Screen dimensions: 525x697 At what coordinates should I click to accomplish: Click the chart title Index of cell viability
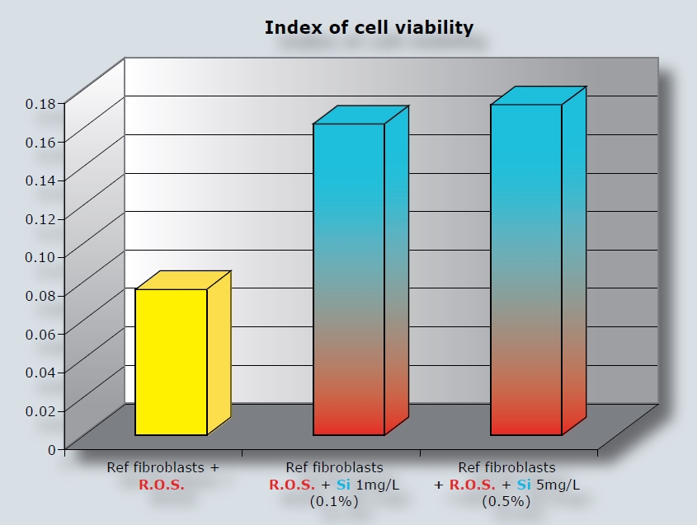click(369, 28)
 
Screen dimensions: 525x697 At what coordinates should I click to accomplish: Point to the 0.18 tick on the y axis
click(40, 103)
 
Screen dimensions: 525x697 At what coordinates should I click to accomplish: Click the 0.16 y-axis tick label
click(40, 141)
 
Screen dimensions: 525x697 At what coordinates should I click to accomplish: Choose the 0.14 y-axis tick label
click(40, 180)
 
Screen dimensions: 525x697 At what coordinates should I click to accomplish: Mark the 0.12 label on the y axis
click(40, 218)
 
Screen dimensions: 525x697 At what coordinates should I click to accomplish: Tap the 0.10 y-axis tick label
click(40, 256)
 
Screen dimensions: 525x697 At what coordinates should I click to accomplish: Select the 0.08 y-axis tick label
click(40, 295)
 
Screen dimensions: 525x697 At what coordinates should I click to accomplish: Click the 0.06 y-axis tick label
click(40, 333)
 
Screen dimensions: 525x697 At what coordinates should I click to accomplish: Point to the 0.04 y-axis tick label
click(40, 372)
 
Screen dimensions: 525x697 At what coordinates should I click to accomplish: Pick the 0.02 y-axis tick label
click(40, 410)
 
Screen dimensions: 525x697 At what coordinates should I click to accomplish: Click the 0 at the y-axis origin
click(51, 449)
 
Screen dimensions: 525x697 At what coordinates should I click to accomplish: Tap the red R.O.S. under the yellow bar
click(162, 484)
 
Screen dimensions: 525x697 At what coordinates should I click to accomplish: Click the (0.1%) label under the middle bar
click(333, 500)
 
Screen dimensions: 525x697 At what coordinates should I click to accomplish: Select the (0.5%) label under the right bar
click(506, 501)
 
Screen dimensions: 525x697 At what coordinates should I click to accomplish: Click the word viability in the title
click(434, 28)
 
